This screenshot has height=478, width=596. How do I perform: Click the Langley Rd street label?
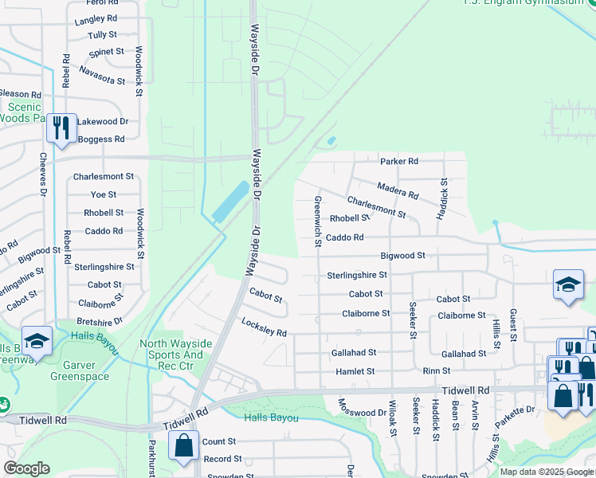[96, 18]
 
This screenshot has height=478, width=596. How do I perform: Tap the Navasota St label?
[102, 75]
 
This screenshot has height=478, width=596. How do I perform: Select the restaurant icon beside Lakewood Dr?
[61, 128]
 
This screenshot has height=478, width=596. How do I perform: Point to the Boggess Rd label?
[101, 139]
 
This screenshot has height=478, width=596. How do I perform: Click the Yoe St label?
[104, 194]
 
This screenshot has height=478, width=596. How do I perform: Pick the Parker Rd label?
[398, 162]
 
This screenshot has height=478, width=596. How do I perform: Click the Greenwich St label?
[318, 221]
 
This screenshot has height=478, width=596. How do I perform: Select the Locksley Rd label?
[264, 327]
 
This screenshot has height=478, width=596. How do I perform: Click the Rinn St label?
[437, 371]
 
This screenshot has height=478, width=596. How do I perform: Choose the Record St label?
[222, 459]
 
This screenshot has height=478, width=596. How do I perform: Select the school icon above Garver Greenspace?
[37, 342]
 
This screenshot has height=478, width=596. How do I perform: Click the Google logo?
[26, 468]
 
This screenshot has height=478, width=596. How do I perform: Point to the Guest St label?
[513, 325]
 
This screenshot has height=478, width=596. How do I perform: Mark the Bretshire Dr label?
[100, 321]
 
